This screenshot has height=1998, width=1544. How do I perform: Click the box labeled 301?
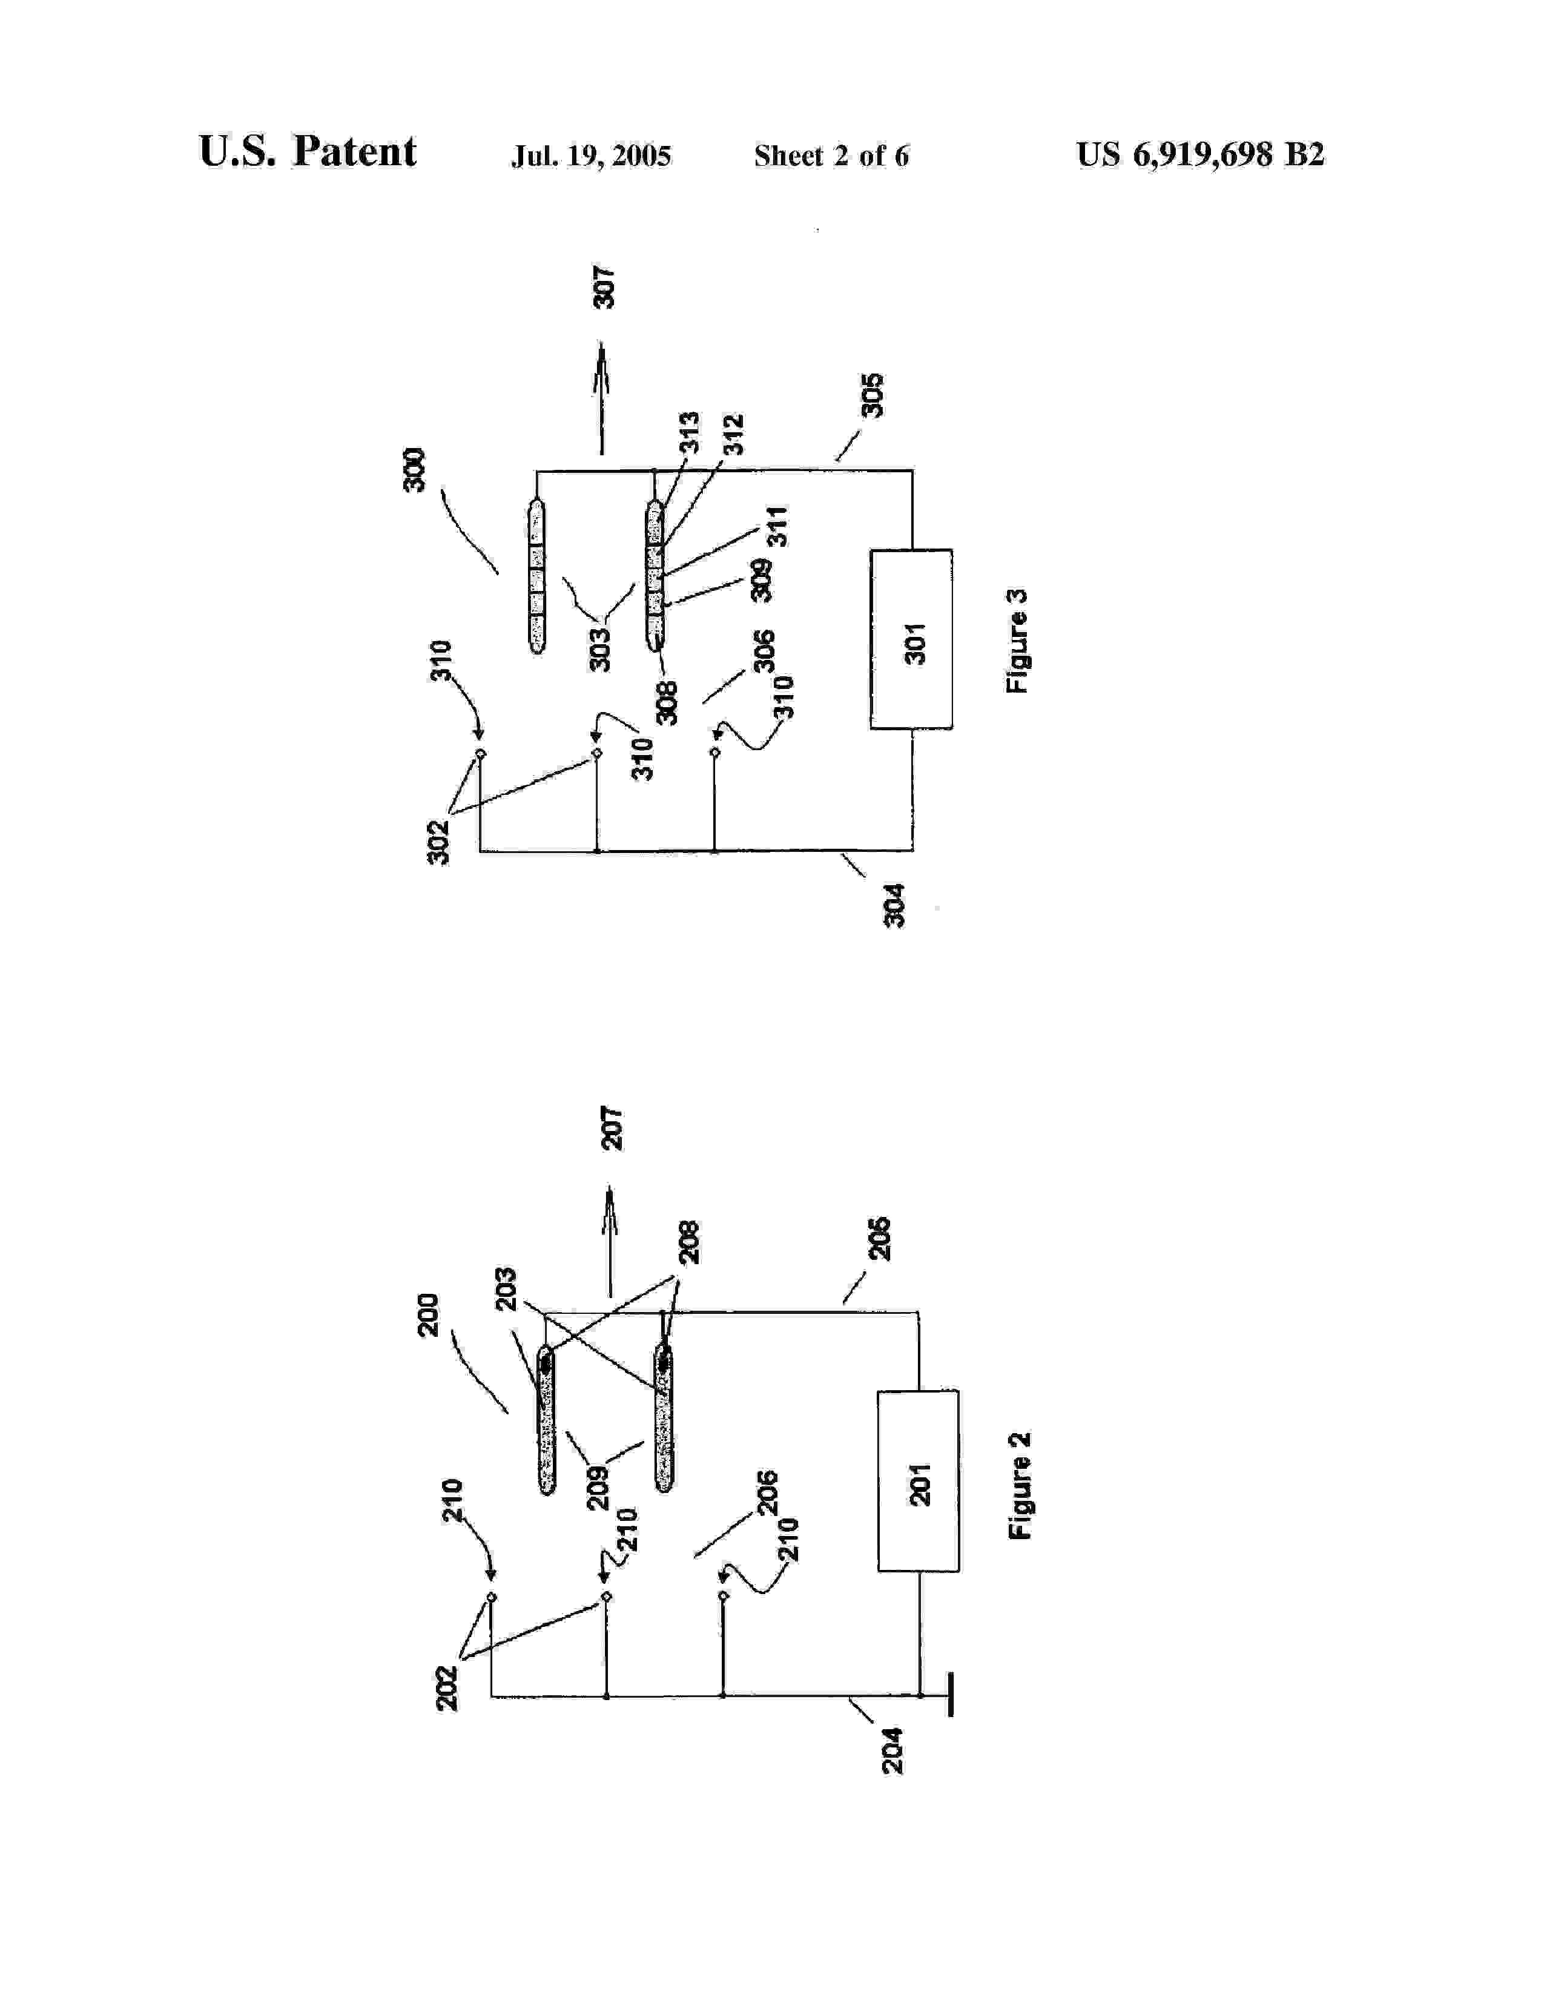click(911, 639)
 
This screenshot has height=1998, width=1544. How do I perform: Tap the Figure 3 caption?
click(1017, 641)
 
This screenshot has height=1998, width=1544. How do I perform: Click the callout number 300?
click(414, 469)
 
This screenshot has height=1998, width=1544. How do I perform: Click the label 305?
click(874, 395)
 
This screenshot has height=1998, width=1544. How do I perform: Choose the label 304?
click(894, 906)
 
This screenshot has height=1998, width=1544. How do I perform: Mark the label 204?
click(892, 1750)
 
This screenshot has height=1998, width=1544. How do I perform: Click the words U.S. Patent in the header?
click(308, 152)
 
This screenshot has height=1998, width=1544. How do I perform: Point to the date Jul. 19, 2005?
click(591, 156)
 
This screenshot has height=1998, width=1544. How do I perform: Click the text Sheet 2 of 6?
click(831, 156)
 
